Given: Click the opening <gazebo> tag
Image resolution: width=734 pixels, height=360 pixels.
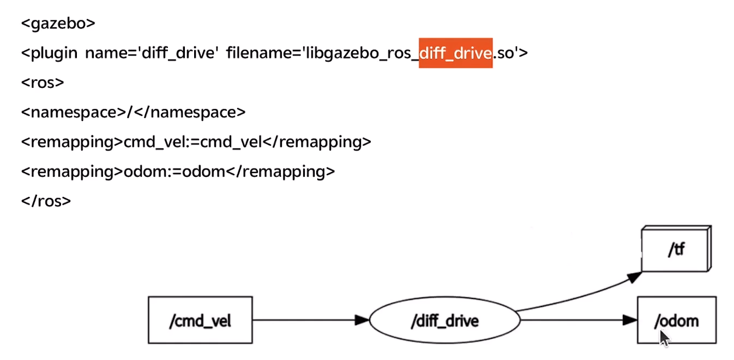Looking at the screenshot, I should (58, 23).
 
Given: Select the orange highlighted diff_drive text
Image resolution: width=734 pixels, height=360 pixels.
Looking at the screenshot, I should (455, 53).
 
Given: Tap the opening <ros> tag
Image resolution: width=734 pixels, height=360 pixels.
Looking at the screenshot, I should (43, 83).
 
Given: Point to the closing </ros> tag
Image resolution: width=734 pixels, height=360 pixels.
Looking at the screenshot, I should (46, 201).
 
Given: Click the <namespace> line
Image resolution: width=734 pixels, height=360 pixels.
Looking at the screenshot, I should (133, 112).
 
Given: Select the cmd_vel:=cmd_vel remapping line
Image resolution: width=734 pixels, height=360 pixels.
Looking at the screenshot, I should (196, 142).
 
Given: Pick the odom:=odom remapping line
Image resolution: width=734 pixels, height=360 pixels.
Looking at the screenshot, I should (178, 171).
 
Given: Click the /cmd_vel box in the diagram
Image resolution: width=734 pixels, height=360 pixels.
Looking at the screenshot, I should (200, 320).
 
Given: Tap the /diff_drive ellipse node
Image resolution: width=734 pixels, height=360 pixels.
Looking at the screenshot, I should (444, 320).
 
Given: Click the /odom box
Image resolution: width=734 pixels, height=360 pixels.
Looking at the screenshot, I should (676, 320).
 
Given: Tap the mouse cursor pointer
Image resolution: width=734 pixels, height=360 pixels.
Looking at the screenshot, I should (664, 338).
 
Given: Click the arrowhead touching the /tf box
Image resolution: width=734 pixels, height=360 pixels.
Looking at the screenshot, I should (634, 277).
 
